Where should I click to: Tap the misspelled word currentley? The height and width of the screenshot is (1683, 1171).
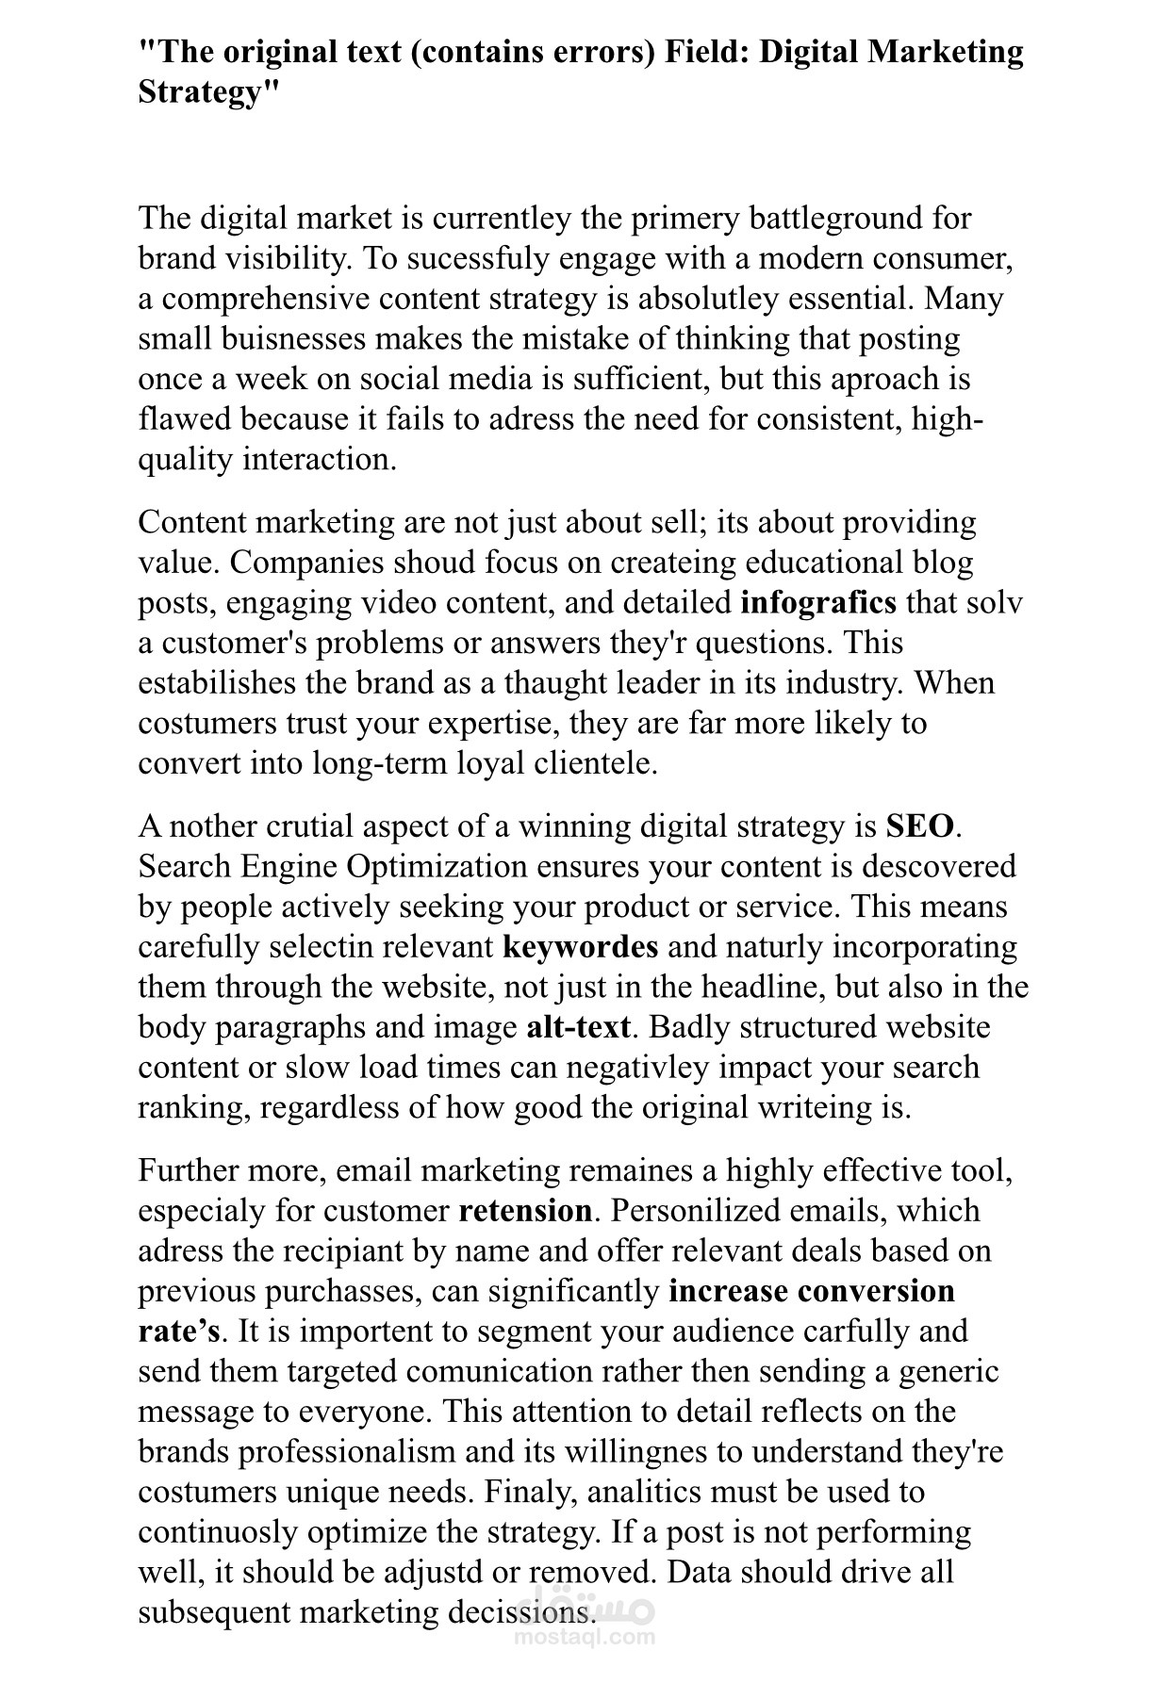point(501,218)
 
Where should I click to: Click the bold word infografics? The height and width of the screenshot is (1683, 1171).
point(818,601)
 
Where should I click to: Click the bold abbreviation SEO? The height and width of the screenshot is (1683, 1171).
point(920,826)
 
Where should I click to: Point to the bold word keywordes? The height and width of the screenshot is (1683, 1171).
point(580,946)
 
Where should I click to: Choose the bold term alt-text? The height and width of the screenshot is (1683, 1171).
point(577,1026)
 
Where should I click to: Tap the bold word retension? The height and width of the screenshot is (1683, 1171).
point(525,1211)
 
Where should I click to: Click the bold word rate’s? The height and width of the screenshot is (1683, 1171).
point(178,1332)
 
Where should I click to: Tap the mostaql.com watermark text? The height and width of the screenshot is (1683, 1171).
point(585,1636)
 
